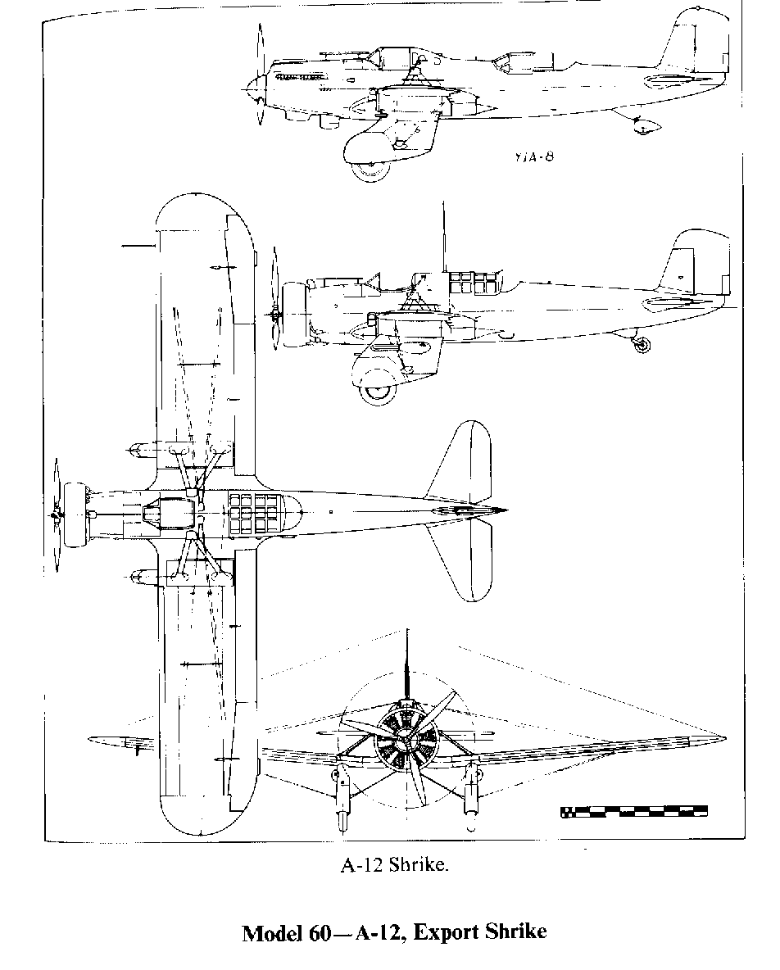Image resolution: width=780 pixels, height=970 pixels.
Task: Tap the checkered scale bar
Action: (634, 812)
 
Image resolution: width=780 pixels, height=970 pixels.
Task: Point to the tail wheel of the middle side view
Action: (642, 344)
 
